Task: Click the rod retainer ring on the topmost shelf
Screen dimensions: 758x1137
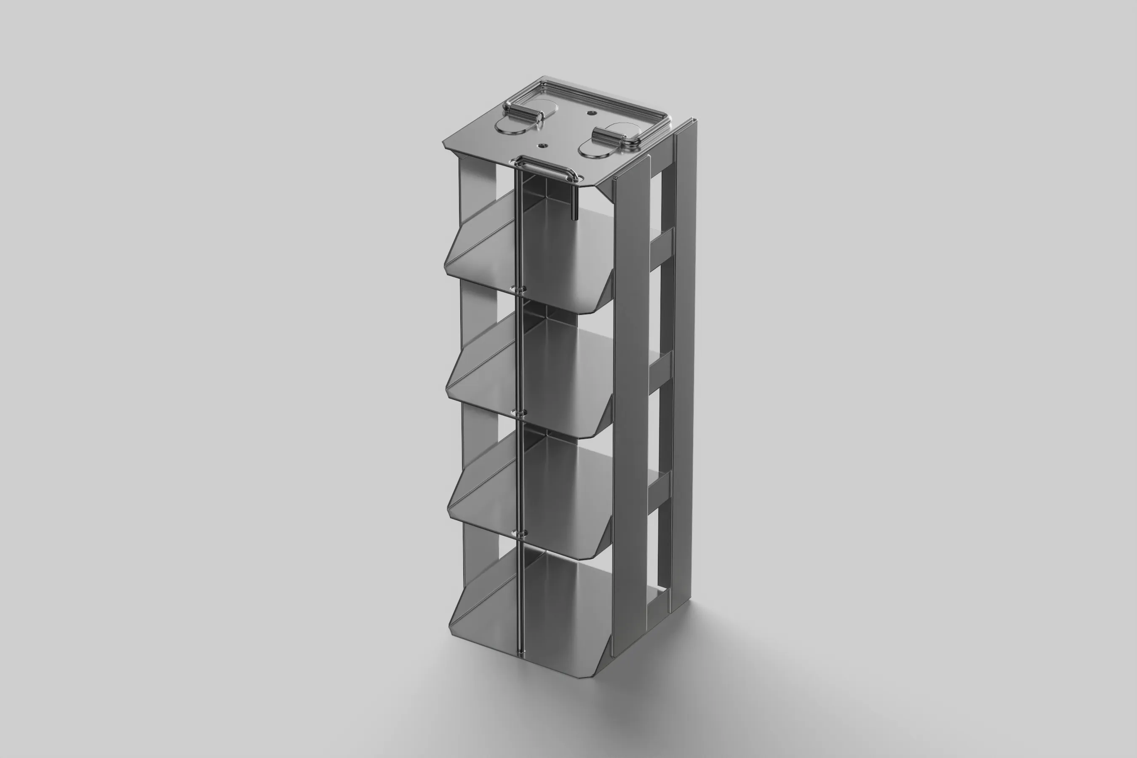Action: click(x=520, y=290)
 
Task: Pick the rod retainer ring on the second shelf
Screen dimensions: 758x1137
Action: click(x=520, y=414)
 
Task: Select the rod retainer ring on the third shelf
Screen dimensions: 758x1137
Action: click(x=520, y=533)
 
